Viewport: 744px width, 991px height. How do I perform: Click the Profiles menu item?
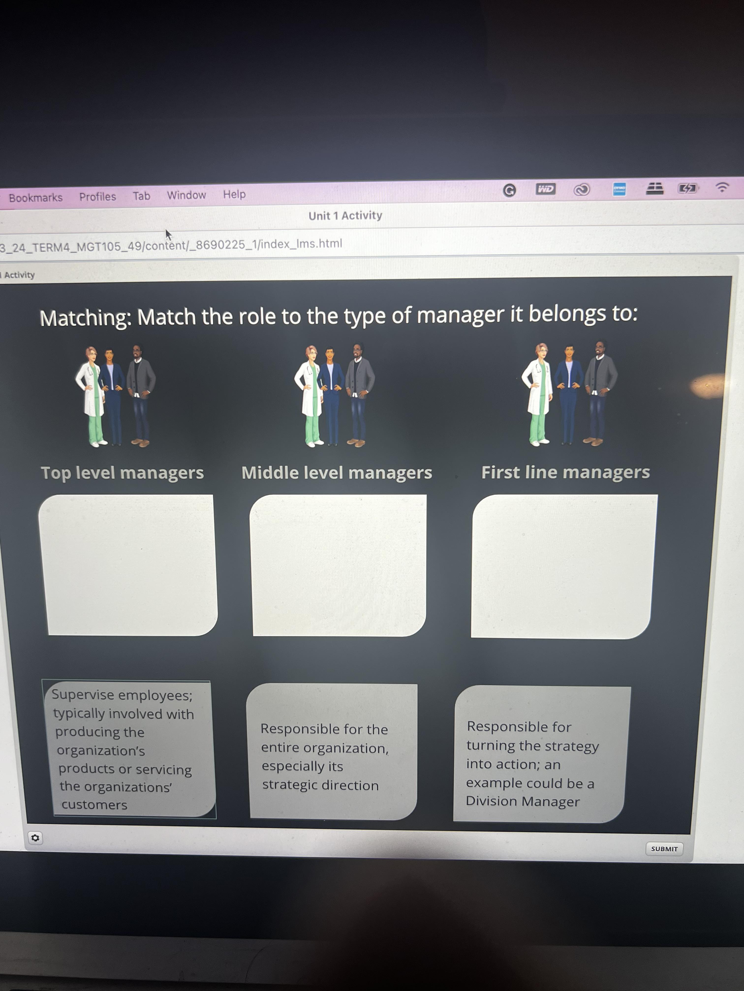coord(97,196)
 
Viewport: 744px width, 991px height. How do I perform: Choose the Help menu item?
coord(234,194)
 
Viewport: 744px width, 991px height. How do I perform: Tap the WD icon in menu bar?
coord(545,189)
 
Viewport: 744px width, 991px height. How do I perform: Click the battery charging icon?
coord(687,188)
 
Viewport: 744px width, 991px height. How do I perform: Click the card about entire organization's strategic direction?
coord(332,751)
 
